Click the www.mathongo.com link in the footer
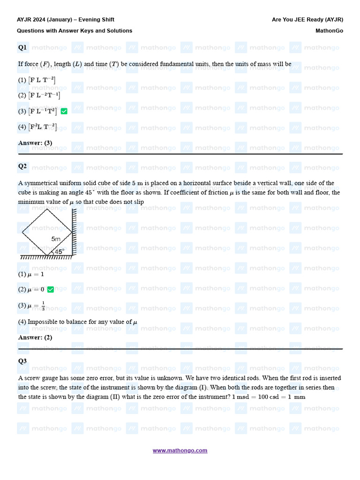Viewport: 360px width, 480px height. pos(180,450)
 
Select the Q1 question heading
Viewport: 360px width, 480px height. pos(22,47)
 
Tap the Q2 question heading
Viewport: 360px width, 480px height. pos(22,166)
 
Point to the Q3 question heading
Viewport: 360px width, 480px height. pos(22,361)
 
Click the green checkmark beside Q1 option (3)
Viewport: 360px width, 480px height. pos(64,111)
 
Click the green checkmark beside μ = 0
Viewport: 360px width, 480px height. pos(51,290)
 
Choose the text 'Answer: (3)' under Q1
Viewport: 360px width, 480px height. pos(35,143)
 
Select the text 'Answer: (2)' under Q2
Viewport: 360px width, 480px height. pos(35,337)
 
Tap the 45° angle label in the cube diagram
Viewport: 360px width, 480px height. pos(59,252)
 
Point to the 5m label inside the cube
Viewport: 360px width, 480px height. pos(56,239)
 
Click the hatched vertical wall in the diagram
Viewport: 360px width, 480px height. pos(74,233)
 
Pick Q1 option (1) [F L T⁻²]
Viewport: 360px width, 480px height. pos(37,80)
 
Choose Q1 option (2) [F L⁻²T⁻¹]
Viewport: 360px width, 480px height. pos(39,96)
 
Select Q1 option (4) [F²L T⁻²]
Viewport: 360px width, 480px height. pos(37,127)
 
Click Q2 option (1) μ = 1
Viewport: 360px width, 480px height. pos(31,274)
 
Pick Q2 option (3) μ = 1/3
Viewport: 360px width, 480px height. pos(32,306)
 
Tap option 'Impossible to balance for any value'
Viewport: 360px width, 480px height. pos(78,322)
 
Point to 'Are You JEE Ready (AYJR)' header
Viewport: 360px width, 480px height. pos(307,20)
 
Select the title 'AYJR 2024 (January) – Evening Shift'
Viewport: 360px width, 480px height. pos(66,20)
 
